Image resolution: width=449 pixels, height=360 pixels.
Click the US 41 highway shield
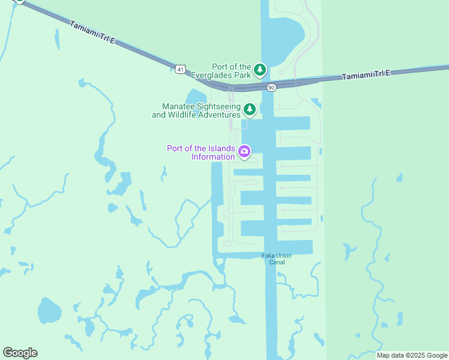point(181,69)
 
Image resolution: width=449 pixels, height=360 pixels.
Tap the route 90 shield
point(271,88)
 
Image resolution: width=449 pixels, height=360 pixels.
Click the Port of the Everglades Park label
point(231,71)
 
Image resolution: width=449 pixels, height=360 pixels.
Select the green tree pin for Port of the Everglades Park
point(259,70)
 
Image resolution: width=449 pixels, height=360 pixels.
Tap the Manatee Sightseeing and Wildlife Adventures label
point(196,110)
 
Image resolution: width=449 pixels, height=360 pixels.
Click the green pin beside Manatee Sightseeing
point(250,109)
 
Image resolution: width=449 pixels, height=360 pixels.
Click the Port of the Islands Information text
point(201,152)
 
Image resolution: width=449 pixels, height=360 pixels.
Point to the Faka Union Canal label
point(277,259)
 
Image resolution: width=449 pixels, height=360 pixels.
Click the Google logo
point(20,353)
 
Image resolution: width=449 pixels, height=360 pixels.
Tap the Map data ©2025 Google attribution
point(412,355)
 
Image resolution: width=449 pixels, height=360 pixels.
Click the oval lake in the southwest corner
point(49,311)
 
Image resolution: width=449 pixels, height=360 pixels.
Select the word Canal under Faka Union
point(277,263)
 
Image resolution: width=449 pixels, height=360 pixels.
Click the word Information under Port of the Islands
point(213,157)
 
